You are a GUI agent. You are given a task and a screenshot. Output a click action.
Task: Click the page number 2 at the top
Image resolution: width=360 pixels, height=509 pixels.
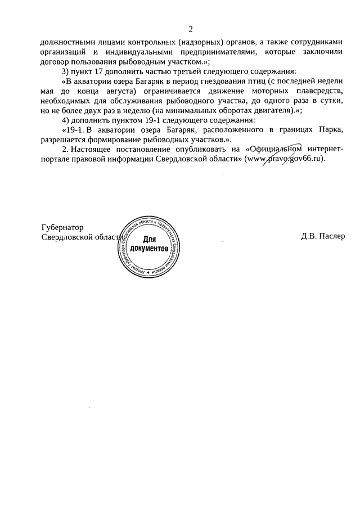191,29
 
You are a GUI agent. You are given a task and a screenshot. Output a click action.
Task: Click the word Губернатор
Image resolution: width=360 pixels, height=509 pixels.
62,227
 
